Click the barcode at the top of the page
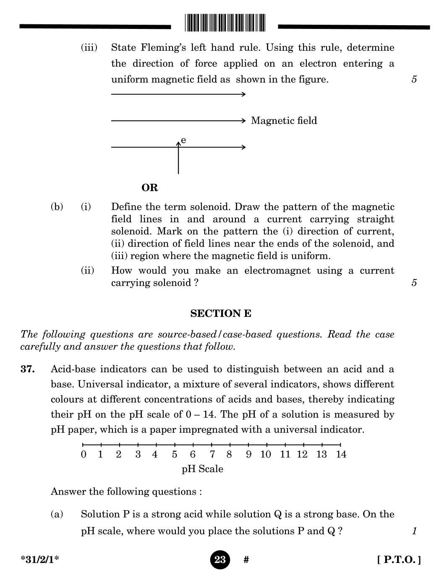(x=225, y=23)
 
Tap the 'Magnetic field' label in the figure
(x=284, y=121)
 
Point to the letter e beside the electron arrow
(x=183, y=140)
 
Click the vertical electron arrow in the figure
(x=178, y=158)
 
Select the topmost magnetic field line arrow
(x=178, y=94)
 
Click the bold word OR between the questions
(x=150, y=187)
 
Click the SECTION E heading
(x=221, y=314)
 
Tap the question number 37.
(x=28, y=369)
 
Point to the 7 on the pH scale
(x=212, y=454)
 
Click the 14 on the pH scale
(x=341, y=454)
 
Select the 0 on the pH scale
(x=84, y=454)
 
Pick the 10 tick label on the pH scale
(x=265, y=454)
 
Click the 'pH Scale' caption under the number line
(x=202, y=469)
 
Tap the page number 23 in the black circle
(x=220, y=560)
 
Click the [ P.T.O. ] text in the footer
(x=399, y=560)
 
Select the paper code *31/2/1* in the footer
(x=40, y=560)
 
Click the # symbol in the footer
(x=246, y=560)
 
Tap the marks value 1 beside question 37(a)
(x=414, y=531)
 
